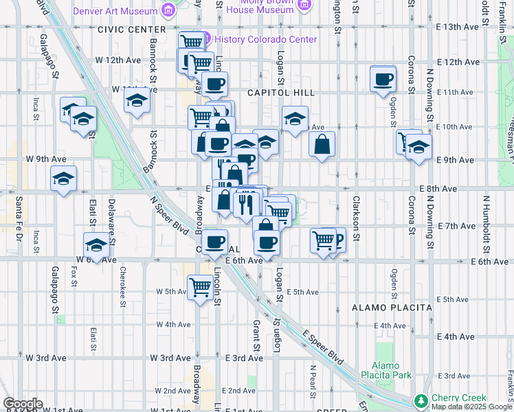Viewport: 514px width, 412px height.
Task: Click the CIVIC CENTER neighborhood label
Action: click(x=132, y=30)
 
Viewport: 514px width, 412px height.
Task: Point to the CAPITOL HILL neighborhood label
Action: click(x=281, y=93)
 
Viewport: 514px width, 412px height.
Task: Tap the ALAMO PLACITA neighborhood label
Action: click(x=392, y=308)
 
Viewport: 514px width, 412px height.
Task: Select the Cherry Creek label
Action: click(x=458, y=398)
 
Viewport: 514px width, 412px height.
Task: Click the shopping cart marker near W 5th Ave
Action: click(x=200, y=286)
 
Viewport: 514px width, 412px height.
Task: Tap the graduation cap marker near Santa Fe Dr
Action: click(x=63, y=180)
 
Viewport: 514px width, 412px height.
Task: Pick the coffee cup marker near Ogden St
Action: click(x=383, y=78)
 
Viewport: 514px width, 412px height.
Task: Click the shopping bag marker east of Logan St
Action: click(x=322, y=145)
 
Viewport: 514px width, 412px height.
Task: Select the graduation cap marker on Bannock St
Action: click(x=137, y=101)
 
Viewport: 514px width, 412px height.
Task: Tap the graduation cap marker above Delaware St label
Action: click(x=97, y=244)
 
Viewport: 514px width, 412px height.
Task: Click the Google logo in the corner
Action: click(x=22, y=404)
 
